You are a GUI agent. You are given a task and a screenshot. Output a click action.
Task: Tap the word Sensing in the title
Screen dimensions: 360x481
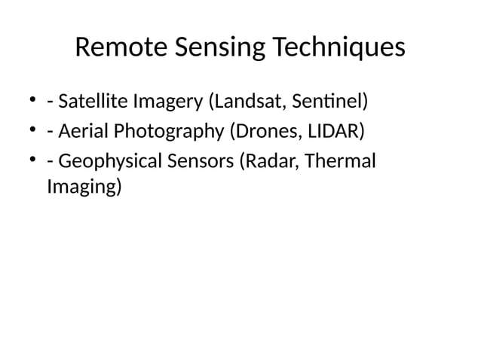click(x=219, y=49)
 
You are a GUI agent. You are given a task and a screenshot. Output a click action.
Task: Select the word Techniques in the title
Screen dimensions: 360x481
click(x=338, y=49)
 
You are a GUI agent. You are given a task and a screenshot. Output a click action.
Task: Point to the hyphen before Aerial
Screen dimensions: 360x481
click(x=49, y=134)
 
